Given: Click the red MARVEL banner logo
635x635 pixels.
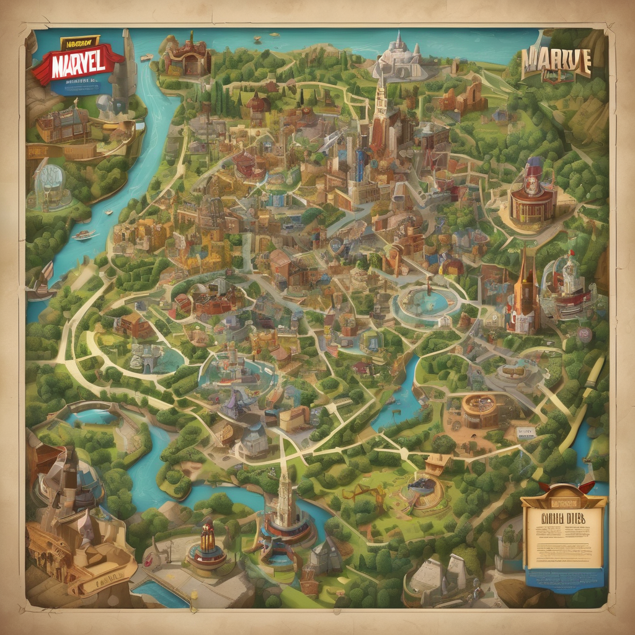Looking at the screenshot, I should click(x=78, y=64).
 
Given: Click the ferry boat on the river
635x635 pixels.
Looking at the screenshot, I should click(x=83, y=235).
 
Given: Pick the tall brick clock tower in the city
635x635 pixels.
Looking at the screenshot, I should click(x=378, y=112).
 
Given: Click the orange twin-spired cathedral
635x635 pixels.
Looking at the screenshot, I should click(x=525, y=291).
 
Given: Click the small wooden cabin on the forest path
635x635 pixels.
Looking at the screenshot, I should click(x=438, y=462).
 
